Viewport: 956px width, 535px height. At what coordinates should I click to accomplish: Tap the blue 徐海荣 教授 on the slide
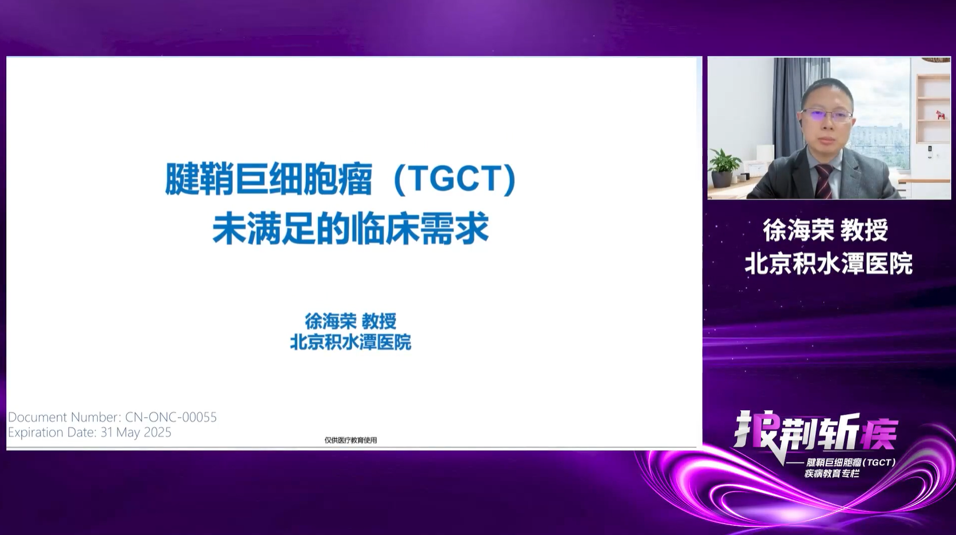pos(350,321)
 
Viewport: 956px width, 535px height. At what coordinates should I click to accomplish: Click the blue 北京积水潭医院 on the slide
pos(350,342)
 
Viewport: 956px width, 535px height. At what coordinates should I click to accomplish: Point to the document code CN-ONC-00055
pos(171,417)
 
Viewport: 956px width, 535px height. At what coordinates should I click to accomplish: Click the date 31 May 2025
pos(136,433)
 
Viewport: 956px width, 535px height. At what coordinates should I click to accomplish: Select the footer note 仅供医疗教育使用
pos(351,440)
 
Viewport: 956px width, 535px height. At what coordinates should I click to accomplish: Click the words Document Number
pos(63,417)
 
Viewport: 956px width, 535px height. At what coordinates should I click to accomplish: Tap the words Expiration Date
pos(51,433)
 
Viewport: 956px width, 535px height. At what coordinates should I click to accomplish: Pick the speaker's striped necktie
pos(824,181)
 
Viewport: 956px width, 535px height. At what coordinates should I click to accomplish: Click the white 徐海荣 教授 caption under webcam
pos(826,231)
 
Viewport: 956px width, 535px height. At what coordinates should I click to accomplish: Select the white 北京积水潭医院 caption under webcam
pos(828,263)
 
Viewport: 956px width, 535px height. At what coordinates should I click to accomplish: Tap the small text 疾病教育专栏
pos(832,474)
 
